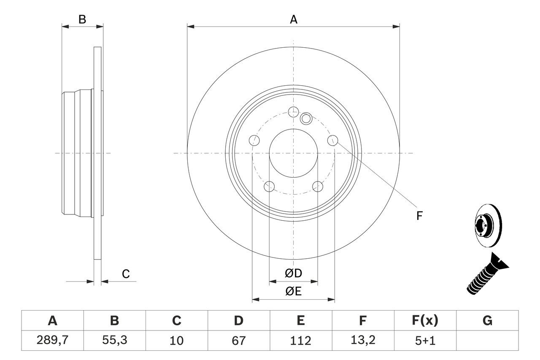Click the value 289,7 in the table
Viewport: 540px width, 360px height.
pos(52,340)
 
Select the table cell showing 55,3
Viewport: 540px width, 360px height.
pos(114,340)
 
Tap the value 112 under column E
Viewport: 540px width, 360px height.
pos(300,340)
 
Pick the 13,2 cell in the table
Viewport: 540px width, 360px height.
pos(362,340)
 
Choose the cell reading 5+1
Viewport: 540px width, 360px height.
pos(424,340)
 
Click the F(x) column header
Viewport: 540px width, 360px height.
pos(424,321)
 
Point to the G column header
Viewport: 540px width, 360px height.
pos(487,321)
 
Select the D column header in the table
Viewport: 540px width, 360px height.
pos(238,321)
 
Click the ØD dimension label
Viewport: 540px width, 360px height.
pos(293,273)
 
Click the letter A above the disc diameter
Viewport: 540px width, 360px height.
pos(293,19)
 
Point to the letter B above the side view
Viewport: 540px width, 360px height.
pos(83,19)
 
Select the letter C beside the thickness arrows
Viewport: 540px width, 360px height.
pos(126,274)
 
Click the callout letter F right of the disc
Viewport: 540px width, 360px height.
pos(419,216)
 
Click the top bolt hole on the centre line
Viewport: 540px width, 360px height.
pos(293,111)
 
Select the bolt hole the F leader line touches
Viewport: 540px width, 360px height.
pos(333,140)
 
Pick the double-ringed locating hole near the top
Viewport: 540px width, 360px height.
pos(306,119)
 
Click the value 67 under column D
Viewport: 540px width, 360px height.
pos(238,340)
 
